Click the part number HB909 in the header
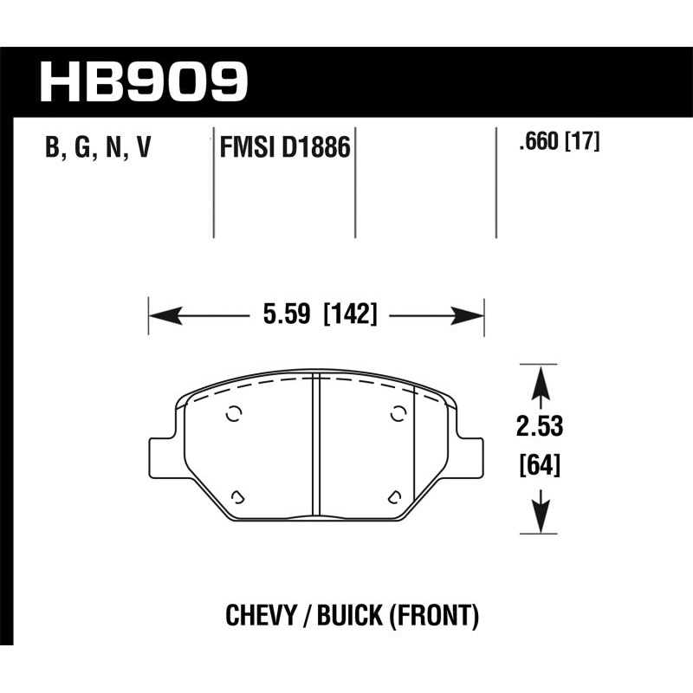pos(144,82)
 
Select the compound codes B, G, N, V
pos(97,148)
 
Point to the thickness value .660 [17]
pos(558,141)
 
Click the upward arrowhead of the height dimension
pos(540,379)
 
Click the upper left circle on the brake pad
pos(232,414)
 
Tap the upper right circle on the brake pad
pos(399,414)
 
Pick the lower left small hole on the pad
pos(238,496)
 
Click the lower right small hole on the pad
pos(394,496)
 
